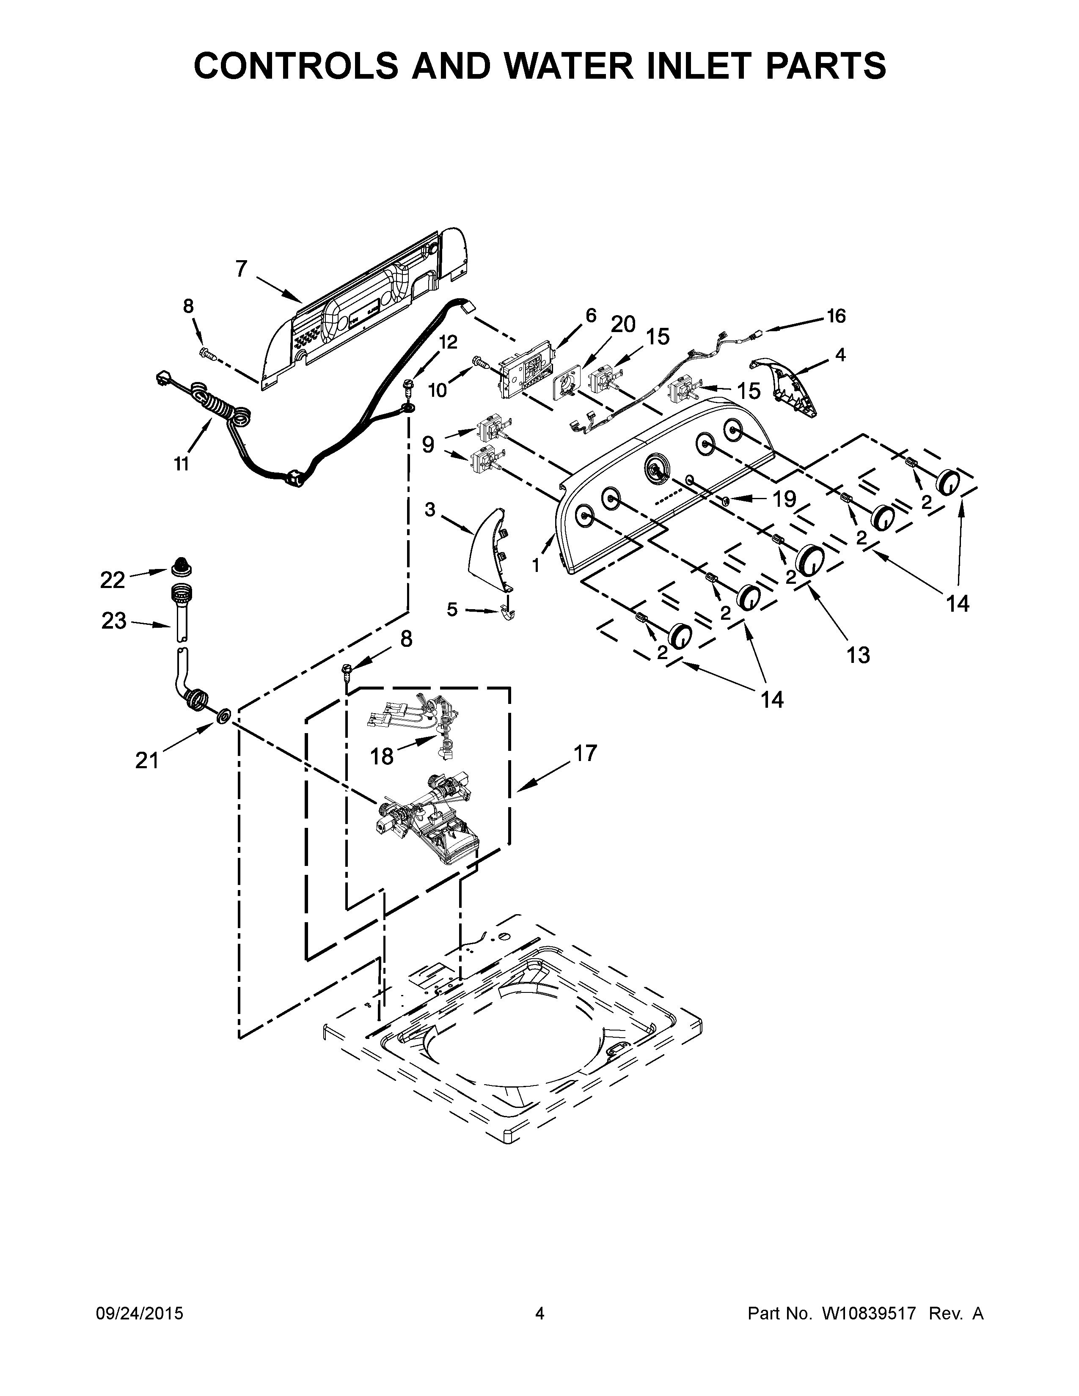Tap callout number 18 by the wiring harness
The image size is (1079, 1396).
(382, 756)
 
